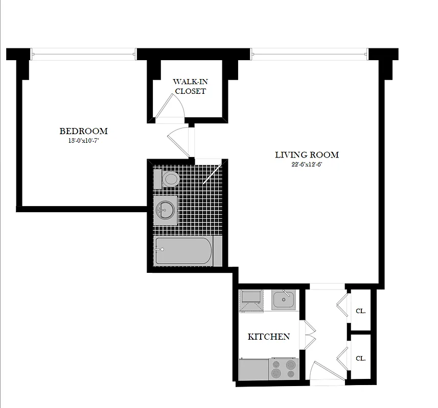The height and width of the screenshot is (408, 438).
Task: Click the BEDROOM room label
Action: [84, 131]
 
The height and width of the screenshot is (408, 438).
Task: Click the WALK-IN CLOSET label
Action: [190, 86]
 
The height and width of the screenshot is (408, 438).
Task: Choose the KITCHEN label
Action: [269, 337]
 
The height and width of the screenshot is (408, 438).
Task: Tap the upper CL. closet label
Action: [360, 311]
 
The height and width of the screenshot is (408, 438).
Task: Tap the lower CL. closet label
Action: [360, 358]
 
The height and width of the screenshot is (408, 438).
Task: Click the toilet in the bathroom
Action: [169, 179]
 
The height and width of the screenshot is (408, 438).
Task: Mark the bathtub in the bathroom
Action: [184, 251]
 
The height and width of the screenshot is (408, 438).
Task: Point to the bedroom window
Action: [84, 53]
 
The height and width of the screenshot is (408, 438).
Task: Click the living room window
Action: [309, 53]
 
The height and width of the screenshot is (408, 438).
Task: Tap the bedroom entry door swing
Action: [179, 140]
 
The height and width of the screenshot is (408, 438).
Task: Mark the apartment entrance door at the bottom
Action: [322, 372]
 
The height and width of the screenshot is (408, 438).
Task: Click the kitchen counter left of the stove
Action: [254, 369]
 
